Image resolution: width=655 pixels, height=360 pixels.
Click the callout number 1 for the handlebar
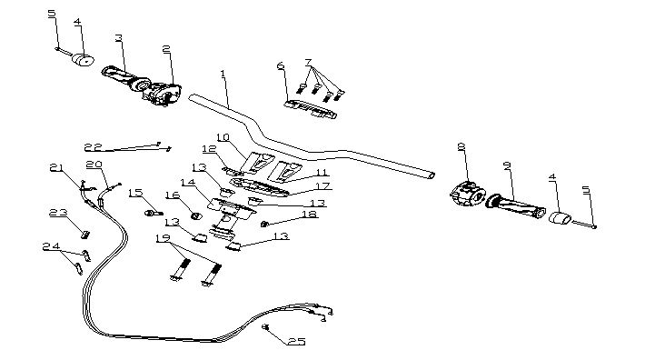[x=223, y=74]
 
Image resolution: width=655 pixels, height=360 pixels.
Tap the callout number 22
[x=93, y=147]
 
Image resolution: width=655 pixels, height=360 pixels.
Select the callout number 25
[x=296, y=342]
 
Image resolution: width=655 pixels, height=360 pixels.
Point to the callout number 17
[x=323, y=185]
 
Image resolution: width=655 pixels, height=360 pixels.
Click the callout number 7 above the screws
[x=308, y=63]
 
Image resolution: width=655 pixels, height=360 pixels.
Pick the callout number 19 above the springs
[x=163, y=238]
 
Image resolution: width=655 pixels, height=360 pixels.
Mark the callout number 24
[x=52, y=246]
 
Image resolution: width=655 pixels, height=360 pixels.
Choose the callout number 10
[x=223, y=137]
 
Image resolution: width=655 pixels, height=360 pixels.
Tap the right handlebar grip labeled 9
[x=516, y=206]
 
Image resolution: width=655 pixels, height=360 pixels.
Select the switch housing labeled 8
[x=468, y=195]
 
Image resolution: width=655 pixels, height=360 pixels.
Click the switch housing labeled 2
[x=162, y=94]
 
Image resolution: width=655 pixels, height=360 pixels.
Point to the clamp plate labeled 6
[x=311, y=110]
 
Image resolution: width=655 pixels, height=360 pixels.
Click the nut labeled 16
[x=196, y=215]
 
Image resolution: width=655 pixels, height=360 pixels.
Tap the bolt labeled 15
[x=154, y=214]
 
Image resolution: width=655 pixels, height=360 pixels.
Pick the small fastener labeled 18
[x=264, y=225]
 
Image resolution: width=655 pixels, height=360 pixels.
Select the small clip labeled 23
[x=84, y=235]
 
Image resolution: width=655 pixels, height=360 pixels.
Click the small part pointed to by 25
[x=265, y=326]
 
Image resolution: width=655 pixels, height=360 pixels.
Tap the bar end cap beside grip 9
[x=560, y=218]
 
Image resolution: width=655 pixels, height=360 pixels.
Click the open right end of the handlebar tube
[x=431, y=175]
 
